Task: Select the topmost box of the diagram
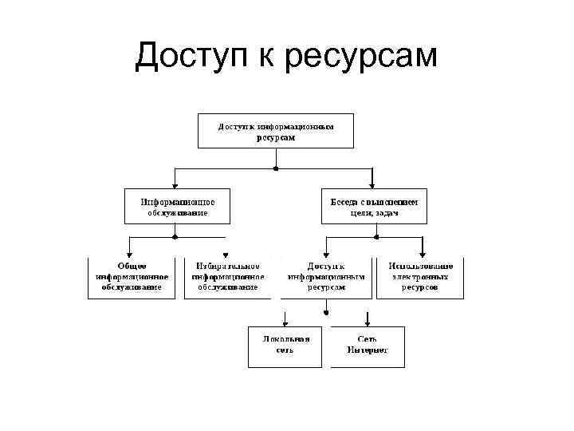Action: (x=275, y=131)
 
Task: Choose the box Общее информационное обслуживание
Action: (x=132, y=277)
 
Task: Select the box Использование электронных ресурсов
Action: (x=420, y=277)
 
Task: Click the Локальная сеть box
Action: (x=285, y=346)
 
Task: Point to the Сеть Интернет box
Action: (x=368, y=346)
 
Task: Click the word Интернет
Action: (x=368, y=351)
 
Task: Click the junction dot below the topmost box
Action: (x=275, y=168)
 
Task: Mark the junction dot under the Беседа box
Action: (x=374, y=236)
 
